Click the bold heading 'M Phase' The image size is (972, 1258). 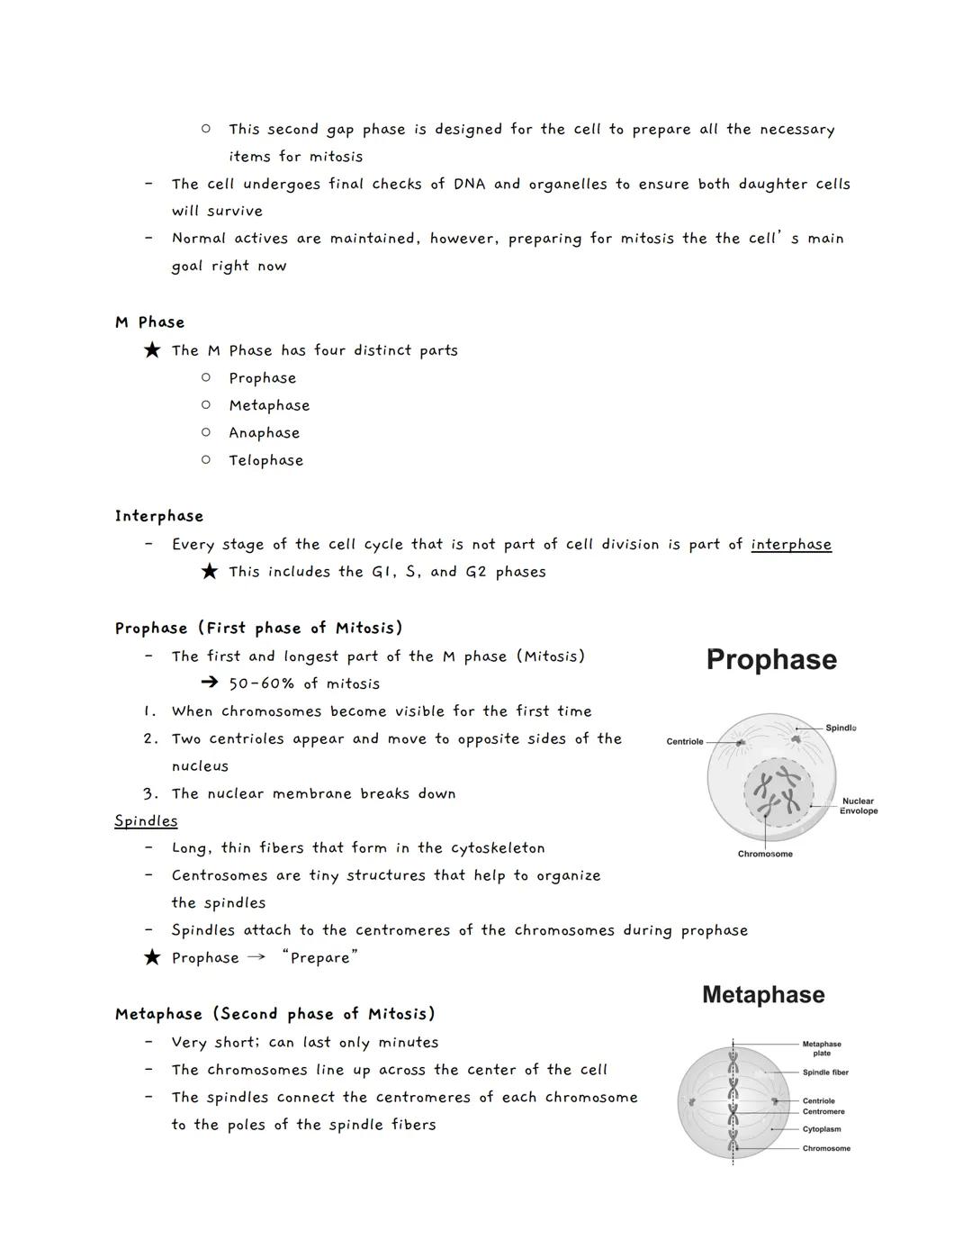tap(149, 322)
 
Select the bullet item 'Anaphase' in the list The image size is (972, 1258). tap(264, 433)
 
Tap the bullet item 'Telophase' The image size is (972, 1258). tap(265, 460)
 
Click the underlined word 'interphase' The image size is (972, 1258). tap(791, 544)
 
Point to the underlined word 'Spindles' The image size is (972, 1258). tap(146, 820)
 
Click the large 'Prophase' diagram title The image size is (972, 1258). tap(771, 659)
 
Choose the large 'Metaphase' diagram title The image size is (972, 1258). tap(763, 995)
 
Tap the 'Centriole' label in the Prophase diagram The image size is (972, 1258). tap(685, 741)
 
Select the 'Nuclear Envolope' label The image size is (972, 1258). tap(859, 806)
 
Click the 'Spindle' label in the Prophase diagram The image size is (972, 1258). tap(841, 728)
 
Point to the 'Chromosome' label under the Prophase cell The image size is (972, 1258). tap(765, 854)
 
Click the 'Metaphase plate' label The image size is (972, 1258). tap(822, 1048)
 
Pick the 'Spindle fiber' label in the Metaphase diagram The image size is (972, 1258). tap(825, 1072)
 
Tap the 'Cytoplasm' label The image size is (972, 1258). tap(822, 1129)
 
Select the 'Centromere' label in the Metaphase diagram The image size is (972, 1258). tap(823, 1111)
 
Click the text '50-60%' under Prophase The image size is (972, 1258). tap(262, 683)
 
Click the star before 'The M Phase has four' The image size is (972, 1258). tap(152, 349)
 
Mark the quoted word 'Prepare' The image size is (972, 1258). tap(319, 958)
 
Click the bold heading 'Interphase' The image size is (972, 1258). tap(159, 516)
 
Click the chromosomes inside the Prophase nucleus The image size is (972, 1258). tap(778, 792)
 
